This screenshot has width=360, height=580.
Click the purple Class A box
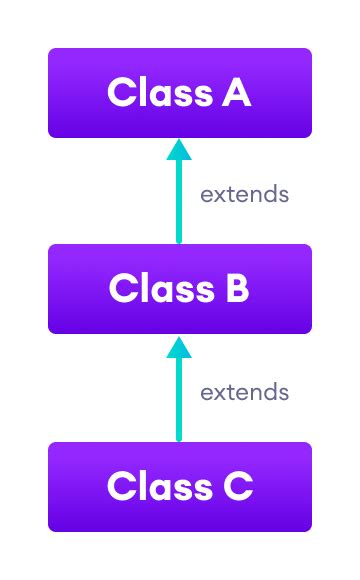coord(180,93)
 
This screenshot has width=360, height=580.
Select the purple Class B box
coord(180,289)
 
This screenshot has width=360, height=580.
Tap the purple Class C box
coord(180,487)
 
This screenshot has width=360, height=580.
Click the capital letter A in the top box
coord(236,93)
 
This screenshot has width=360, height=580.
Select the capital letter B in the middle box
coord(235,289)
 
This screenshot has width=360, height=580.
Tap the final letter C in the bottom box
coord(238,487)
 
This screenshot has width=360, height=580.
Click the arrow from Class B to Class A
coord(179,195)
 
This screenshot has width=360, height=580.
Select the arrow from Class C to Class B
coord(179,393)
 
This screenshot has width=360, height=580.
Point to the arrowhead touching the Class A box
coord(179,149)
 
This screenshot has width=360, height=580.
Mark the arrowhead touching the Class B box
coord(179,346)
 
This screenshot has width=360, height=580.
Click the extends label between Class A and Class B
coord(244,194)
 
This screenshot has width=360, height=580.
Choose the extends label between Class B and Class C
coord(244,392)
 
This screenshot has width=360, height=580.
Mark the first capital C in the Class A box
coord(121,93)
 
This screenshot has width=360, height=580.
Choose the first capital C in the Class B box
coord(123,289)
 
